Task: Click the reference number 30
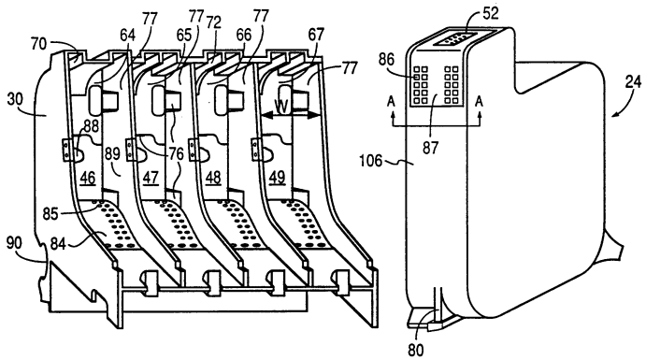tap(16, 99)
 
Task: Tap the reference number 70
tap(39, 44)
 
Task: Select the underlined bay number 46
tap(88, 179)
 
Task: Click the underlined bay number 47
tap(151, 178)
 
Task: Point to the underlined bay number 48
tap(213, 178)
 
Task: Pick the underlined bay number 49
tap(277, 178)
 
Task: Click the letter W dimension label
tap(281, 108)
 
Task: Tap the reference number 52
tap(490, 13)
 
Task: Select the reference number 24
tap(632, 82)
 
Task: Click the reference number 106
tap(371, 161)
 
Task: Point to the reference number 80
tap(415, 350)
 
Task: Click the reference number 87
tap(430, 148)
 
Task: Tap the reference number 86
tap(387, 60)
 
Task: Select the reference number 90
tap(14, 243)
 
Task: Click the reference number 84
tap(58, 243)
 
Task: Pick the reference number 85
tap(51, 214)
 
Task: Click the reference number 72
tap(213, 22)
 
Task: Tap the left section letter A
tap(392, 101)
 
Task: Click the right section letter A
tap(479, 101)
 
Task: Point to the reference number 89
tap(111, 153)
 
